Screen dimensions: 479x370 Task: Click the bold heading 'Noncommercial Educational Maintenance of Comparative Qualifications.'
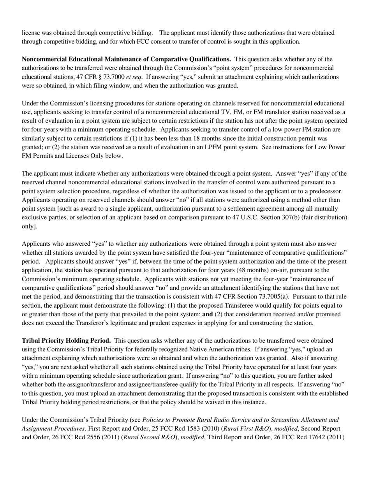[x=126, y=59]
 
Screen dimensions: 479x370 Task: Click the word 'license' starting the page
[x=30, y=33]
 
